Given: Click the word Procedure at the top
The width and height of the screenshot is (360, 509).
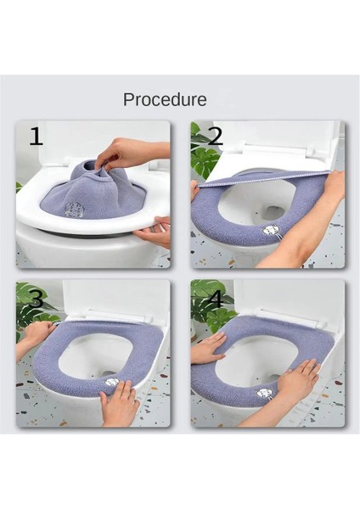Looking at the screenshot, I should click(x=165, y=99).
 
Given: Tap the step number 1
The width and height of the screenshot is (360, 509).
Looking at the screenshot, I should click(x=36, y=137).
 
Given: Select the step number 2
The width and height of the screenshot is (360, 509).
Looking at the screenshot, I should click(x=215, y=136).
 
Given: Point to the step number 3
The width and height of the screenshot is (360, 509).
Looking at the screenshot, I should click(x=36, y=299).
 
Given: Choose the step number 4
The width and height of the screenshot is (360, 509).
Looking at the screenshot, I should click(x=214, y=298).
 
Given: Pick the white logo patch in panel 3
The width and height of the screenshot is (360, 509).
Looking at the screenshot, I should click(x=112, y=384).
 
